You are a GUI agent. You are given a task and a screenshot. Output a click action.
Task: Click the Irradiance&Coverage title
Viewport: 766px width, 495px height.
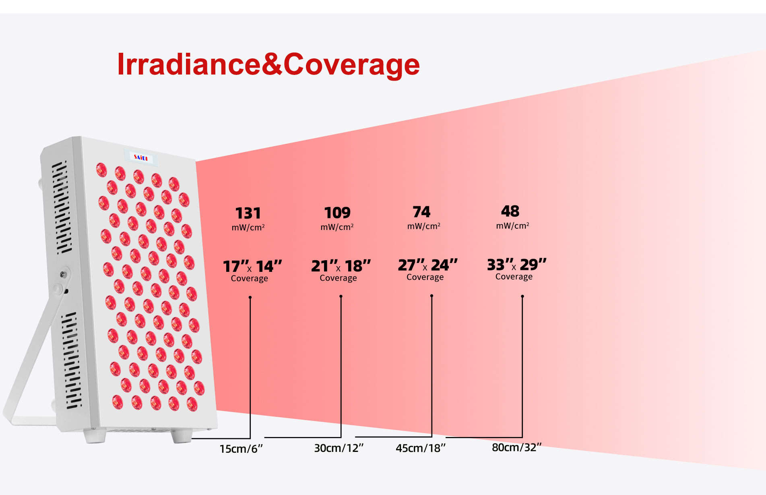coord(268,64)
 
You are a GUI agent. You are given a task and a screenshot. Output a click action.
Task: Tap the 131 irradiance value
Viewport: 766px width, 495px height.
coord(248,213)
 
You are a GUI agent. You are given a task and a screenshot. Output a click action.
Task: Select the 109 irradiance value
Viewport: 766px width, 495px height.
coord(337,213)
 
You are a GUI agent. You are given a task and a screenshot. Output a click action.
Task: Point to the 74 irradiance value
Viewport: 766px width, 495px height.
coord(421,212)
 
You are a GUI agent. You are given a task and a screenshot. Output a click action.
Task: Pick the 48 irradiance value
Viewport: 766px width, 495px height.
coord(510,211)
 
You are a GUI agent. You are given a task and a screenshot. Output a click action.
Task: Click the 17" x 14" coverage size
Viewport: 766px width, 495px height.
coord(252,266)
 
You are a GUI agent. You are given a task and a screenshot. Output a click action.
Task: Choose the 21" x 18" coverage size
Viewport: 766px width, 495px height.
coord(341,266)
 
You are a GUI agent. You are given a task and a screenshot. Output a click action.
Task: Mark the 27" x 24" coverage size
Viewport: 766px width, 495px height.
coord(428,265)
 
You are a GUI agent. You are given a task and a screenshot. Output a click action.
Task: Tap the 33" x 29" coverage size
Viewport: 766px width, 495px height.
coord(517,265)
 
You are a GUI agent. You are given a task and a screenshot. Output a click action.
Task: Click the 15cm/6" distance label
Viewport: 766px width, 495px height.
coord(241,449)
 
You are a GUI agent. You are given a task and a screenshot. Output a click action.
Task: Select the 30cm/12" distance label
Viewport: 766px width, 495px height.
coord(339,448)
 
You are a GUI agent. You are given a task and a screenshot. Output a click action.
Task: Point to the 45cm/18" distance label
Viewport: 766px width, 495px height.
coord(421,448)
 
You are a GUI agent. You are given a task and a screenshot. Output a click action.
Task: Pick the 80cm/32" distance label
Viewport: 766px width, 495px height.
coord(517,447)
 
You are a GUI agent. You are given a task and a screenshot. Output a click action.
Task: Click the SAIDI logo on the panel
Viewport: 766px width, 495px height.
coord(141,157)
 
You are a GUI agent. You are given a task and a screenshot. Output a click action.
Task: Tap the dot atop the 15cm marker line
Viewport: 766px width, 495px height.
coord(250,297)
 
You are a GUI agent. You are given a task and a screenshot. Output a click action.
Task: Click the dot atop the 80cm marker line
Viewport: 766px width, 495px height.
coord(522,296)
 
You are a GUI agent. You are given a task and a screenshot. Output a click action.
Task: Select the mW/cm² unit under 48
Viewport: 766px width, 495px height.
coord(512,226)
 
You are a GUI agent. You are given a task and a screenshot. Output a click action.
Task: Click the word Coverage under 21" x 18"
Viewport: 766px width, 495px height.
coord(338,278)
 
